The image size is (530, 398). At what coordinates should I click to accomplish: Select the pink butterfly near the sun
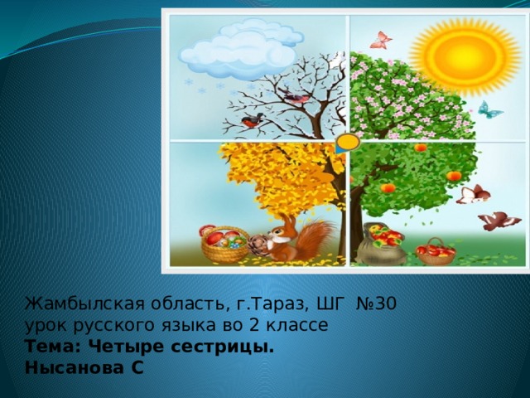click(380, 39)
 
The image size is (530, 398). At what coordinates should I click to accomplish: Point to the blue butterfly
click(489, 109)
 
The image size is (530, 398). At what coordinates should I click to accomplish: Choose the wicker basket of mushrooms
click(223, 245)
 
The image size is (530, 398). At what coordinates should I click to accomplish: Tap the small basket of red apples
click(436, 250)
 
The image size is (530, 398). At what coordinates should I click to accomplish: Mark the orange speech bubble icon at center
click(348, 143)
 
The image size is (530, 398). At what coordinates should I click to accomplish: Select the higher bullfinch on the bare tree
click(295, 98)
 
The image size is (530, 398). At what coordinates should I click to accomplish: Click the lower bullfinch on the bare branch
click(251, 123)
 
